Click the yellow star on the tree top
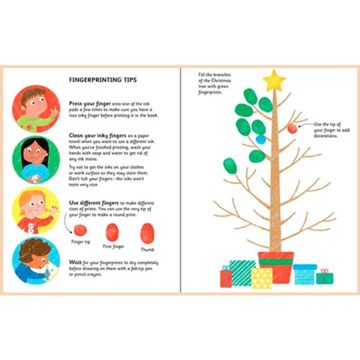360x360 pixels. click(x=274, y=79)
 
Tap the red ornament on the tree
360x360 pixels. click(x=293, y=128)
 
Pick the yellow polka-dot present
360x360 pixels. click(x=262, y=277)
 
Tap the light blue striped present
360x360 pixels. click(x=305, y=274)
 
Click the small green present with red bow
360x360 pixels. click(x=324, y=277)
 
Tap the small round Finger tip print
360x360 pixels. click(x=81, y=228)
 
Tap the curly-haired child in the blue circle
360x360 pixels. click(x=35, y=263)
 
